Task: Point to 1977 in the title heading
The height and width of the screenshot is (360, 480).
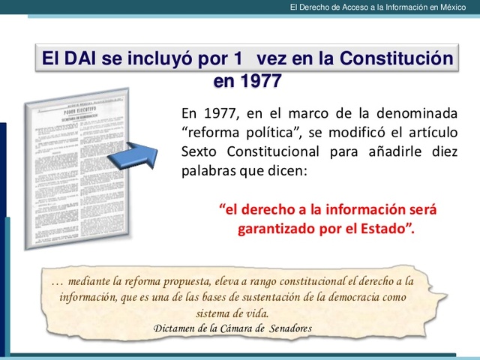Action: tap(247, 79)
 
